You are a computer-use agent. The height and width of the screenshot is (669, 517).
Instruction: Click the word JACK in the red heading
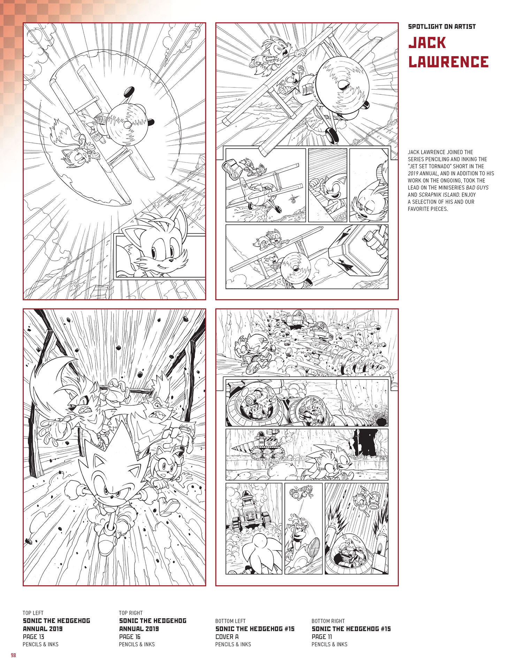427,43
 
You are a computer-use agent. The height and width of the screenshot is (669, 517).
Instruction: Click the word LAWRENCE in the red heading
448,62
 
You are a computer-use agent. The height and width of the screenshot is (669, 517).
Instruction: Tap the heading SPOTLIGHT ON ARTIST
442,26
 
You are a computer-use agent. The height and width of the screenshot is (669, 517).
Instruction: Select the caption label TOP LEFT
33,613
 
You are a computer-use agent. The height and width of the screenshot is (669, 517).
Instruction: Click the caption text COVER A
227,636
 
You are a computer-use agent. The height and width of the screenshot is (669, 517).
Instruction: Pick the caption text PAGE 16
130,636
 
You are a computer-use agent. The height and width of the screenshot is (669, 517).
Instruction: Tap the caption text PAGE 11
322,636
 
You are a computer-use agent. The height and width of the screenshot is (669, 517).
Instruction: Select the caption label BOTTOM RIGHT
328,621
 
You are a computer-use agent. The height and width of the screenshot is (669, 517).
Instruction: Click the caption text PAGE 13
33,636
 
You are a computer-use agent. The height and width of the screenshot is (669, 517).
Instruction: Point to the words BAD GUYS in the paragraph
477,187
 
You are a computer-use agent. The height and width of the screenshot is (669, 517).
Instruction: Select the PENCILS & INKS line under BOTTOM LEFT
233,644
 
